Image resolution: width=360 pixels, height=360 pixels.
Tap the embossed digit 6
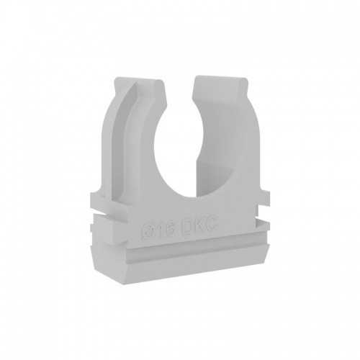169,228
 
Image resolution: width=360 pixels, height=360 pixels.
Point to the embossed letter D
185,226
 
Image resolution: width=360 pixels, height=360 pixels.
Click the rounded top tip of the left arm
158,81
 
